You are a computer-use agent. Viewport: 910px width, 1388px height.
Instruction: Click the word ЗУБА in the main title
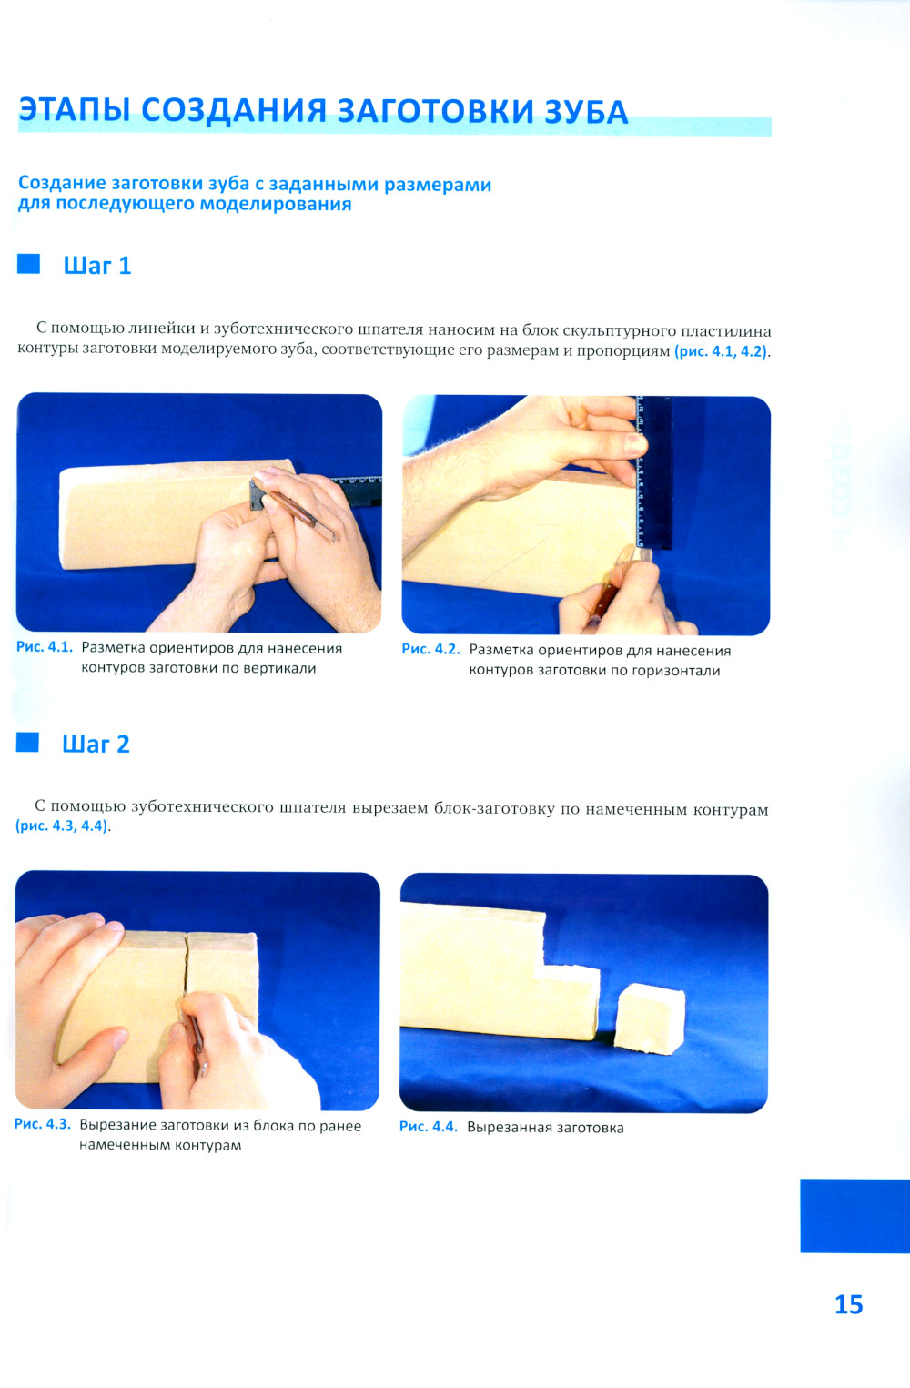pyautogui.click(x=586, y=112)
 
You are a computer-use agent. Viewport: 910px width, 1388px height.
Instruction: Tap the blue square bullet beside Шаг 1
pyautogui.click(x=28, y=263)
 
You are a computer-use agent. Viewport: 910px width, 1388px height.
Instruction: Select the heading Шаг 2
pyautogui.click(x=96, y=744)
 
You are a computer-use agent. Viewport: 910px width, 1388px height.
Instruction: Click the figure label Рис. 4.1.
pyautogui.click(x=45, y=647)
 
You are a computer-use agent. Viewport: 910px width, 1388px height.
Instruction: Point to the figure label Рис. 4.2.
pyautogui.click(x=431, y=649)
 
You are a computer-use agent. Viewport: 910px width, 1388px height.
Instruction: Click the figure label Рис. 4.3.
pyautogui.click(x=43, y=1124)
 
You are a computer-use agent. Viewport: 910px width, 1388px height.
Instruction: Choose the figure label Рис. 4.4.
pyautogui.click(x=429, y=1127)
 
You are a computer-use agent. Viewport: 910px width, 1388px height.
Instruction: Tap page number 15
pyautogui.click(x=849, y=1304)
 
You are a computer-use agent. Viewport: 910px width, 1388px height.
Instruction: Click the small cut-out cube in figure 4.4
pyautogui.click(x=650, y=1018)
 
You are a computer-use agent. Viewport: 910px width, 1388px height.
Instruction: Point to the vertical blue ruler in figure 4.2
pyautogui.click(x=654, y=472)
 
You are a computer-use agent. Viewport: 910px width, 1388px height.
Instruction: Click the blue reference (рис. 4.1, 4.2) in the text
pyautogui.click(x=721, y=352)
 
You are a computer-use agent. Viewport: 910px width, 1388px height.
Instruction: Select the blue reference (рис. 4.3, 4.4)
pyautogui.click(x=62, y=826)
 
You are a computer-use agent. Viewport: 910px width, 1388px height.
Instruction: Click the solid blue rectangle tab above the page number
pyautogui.click(x=854, y=1216)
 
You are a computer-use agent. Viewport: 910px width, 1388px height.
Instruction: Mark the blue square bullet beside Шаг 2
pyautogui.click(x=27, y=742)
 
